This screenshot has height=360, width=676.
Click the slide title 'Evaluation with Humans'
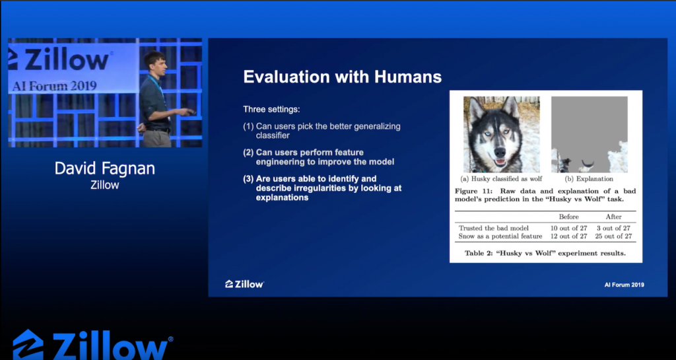343,77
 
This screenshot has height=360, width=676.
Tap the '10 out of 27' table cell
568,228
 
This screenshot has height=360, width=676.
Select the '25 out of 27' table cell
615,236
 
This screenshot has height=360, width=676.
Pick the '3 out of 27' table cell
613,228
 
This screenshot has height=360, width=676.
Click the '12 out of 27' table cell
568,236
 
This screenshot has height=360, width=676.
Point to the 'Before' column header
568,217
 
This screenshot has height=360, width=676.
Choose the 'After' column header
613,217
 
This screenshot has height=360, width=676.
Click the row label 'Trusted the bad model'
494,228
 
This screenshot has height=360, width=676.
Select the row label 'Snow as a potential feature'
500,236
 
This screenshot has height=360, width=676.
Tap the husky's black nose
500,153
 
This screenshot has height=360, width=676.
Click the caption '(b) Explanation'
589,179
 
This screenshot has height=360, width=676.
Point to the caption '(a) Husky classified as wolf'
502,179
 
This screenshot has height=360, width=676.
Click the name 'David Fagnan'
105,168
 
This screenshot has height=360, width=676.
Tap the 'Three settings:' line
271,110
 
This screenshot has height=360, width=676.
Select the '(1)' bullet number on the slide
248,127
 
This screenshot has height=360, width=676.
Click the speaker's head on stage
154,61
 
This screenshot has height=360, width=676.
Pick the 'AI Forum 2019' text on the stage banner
54,85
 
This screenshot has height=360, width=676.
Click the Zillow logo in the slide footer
244,283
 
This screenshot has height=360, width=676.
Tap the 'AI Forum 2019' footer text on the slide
625,285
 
